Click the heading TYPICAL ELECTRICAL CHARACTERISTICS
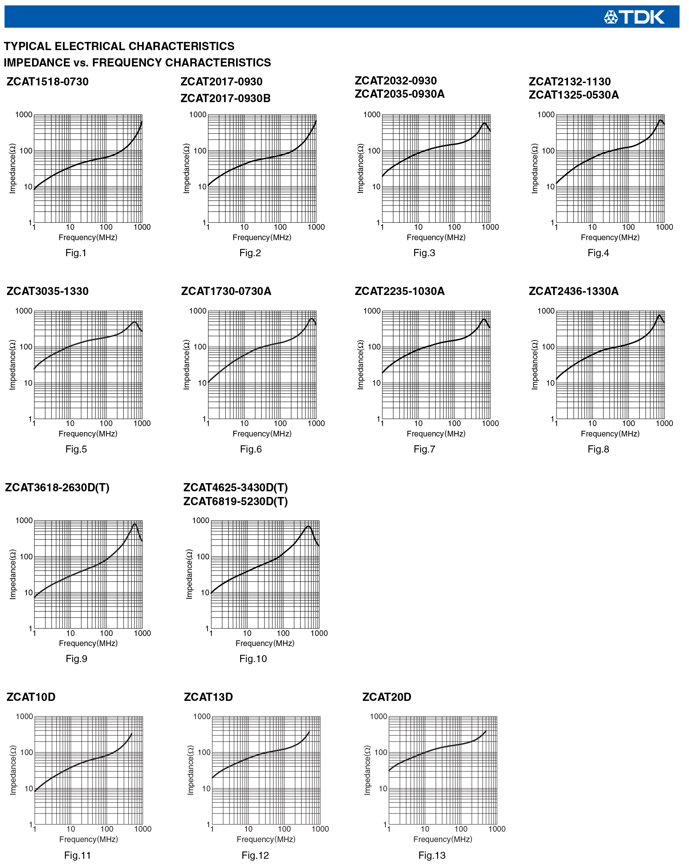119,46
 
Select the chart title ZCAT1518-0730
47,82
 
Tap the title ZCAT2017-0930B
225,98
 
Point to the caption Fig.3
424,253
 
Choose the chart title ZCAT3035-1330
47,291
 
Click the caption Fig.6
251,449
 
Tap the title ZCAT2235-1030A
399,291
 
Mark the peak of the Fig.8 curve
659,315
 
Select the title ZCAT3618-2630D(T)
57,488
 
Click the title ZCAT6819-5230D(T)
235,501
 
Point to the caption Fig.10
253,659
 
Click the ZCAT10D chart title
31,697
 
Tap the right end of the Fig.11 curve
132,733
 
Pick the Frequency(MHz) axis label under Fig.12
266,839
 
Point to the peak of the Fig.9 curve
135,523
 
